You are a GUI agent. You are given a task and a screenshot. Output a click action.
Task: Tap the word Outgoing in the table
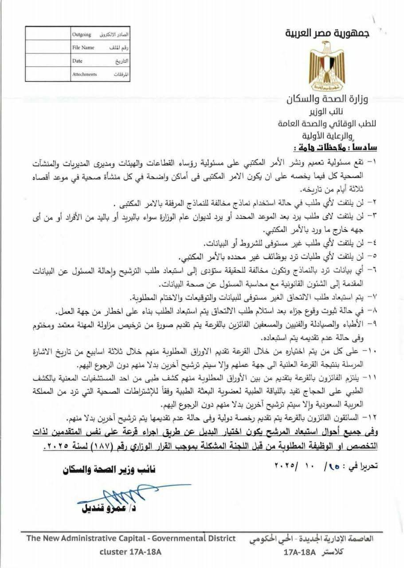point(82,34)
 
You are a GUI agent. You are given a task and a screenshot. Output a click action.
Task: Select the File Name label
point(83,47)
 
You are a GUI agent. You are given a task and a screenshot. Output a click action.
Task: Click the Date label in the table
point(77,61)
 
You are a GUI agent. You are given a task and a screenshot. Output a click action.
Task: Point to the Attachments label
point(84,75)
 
